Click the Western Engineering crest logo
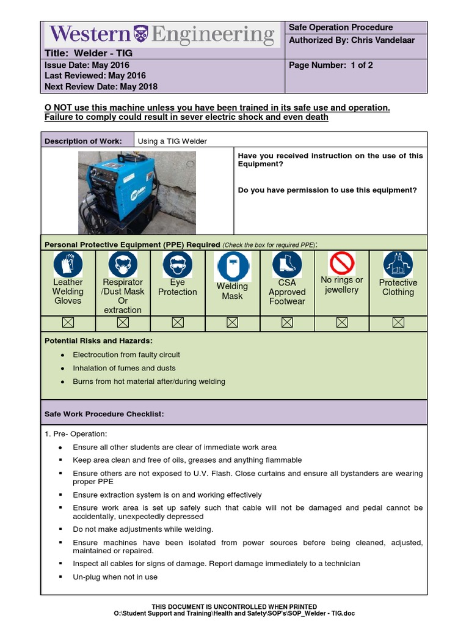tap(141, 34)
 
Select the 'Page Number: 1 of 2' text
tap(330, 65)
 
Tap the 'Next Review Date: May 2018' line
tap(101, 86)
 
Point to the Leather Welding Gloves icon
tap(68, 264)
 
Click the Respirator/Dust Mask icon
tap(123, 264)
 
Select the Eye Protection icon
tap(178, 264)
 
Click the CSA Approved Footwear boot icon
tap(287, 264)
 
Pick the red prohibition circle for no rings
tap(342, 263)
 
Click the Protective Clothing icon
tap(398, 265)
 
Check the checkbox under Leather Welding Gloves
tap(68, 322)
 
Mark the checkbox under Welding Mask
tap(232, 322)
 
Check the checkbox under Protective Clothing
tap(398, 322)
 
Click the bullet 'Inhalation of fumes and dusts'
tap(124, 368)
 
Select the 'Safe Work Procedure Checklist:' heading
tap(104, 414)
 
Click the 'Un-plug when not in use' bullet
tap(115, 576)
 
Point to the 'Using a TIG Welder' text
tap(172, 141)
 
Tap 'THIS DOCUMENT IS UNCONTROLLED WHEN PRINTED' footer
tap(234, 606)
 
